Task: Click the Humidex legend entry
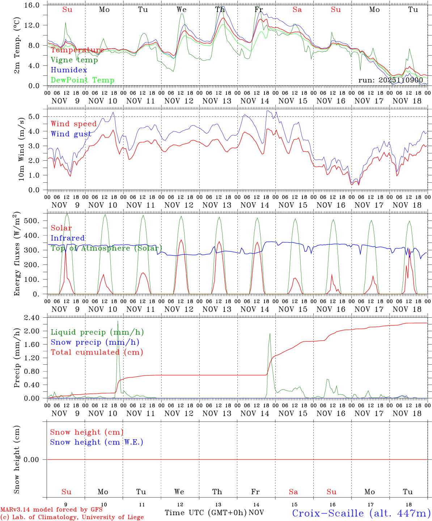click(x=69, y=70)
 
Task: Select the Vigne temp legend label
click(x=74, y=60)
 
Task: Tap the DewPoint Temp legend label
click(x=82, y=80)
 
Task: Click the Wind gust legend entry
click(x=71, y=134)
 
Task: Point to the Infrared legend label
click(x=68, y=238)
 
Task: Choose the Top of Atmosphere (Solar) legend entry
click(x=106, y=248)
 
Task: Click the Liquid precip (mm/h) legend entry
click(x=97, y=332)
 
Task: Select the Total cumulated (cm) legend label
click(x=97, y=352)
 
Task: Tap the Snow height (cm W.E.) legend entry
click(x=96, y=442)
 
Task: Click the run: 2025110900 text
click(x=390, y=80)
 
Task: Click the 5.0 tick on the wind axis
click(x=38, y=117)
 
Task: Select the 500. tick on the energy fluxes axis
click(x=35, y=221)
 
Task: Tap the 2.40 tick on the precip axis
click(x=35, y=318)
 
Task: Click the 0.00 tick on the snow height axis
click(x=35, y=459)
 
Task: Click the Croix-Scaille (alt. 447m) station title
click(x=361, y=513)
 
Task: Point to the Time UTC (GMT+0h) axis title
click(x=206, y=513)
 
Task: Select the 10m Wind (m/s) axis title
click(x=21, y=148)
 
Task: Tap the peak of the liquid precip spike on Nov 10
click(x=118, y=321)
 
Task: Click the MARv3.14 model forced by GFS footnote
click(x=51, y=510)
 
